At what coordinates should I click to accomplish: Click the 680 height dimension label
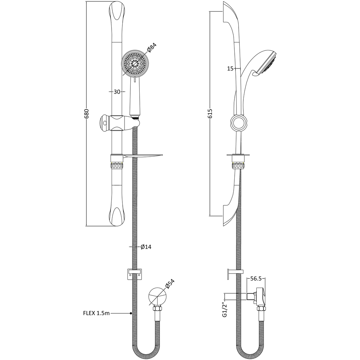pyautogui.click(x=86, y=114)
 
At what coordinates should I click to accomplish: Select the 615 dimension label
pyautogui.click(x=210, y=113)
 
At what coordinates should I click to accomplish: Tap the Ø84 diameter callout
pyautogui.click(x=152, y=48)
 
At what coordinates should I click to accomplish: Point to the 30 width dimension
pyautogui.click(x=117, y=92)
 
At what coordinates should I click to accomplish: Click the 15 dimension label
pyautogui.click(x=230, y=69)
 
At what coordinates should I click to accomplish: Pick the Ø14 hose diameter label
pyautogui.click(x=146, y=247)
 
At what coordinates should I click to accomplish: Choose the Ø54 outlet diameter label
pyautogui.click(x=170, y=284)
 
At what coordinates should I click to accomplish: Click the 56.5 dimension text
pyautogui.click(x=256, y=279)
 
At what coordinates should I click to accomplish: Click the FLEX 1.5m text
pyautogui.click(x=96, y=313)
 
